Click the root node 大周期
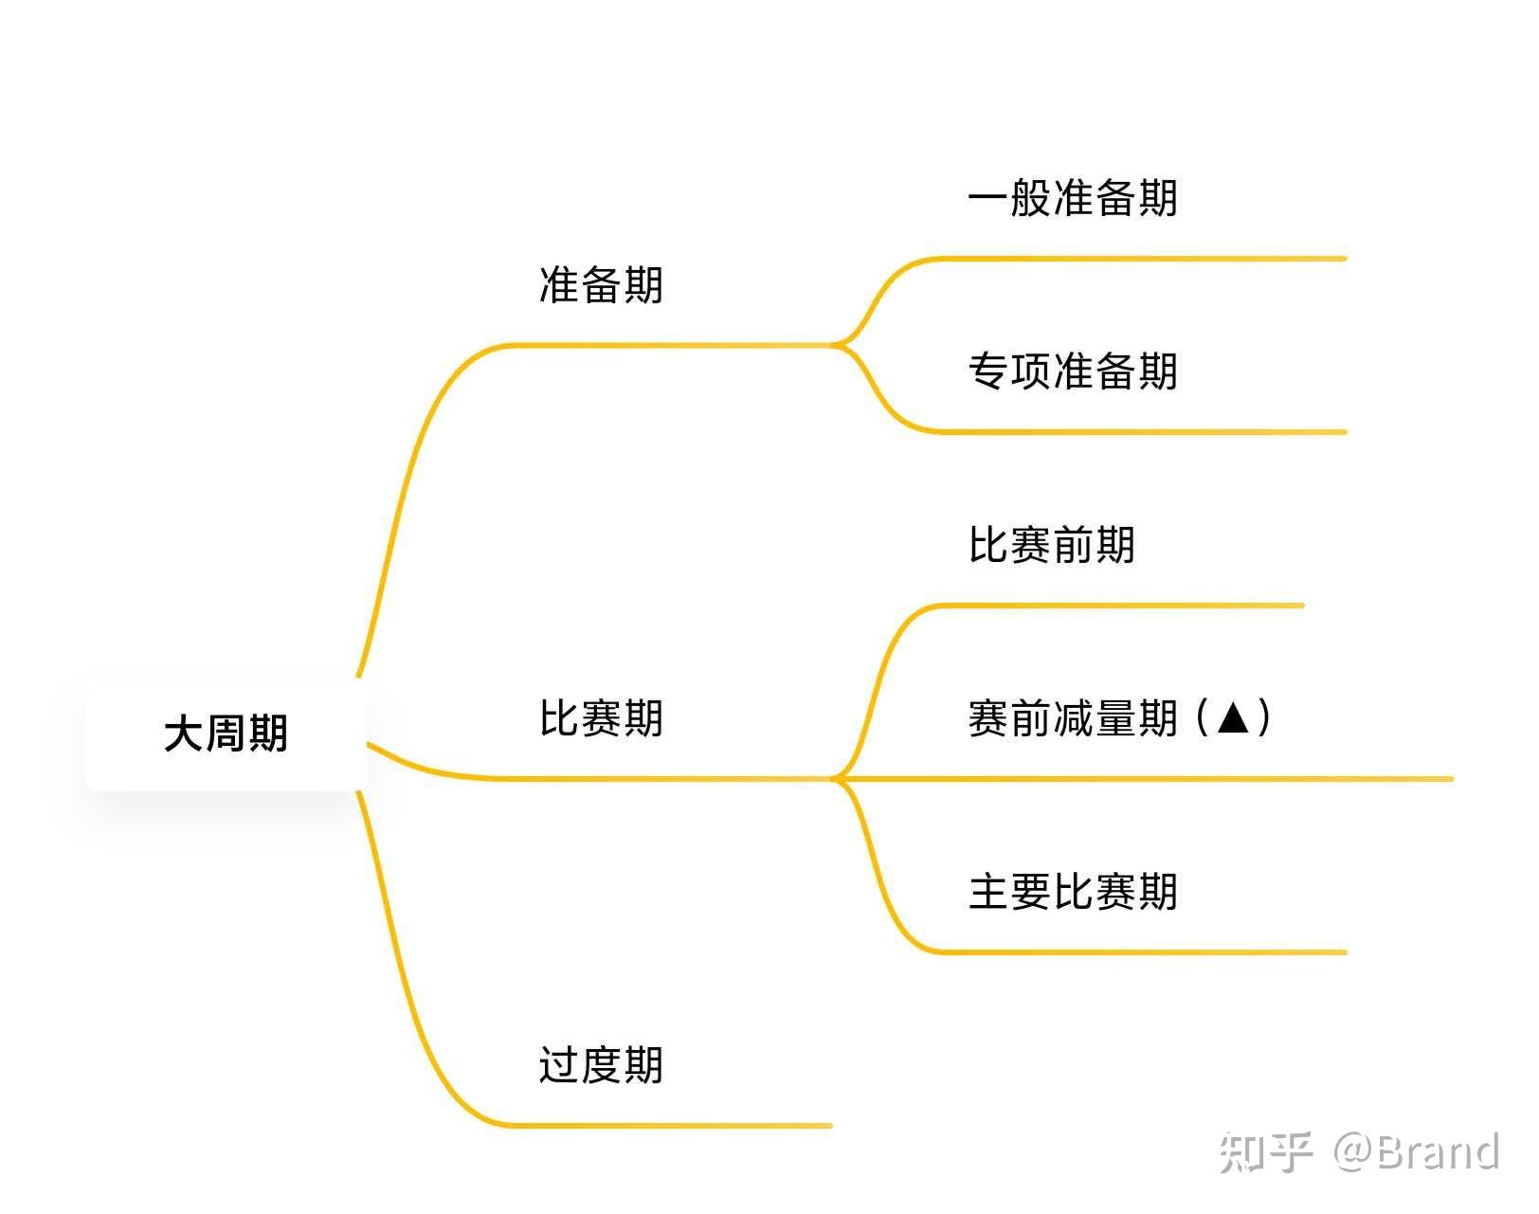(x=226, y=734)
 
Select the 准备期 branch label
(x=601, y=284)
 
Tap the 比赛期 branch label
(x=601, y=717)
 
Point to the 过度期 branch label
(x=601, y=1064)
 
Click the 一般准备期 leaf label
(x=1073, y=198)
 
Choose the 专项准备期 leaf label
(x=1073, y=371)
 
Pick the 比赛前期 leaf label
(x=1051, y=545)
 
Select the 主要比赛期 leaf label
(x=1073, y=892)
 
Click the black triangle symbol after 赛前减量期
(x=1234, y=717)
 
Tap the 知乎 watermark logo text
(x=1266, y=1152)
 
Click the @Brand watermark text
(x=1418, y=1152)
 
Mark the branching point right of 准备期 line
(x=835, y=345)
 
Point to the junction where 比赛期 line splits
(x=835, y=779)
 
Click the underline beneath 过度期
(x=673, y=1126)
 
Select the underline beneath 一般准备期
(x=1137, y=258)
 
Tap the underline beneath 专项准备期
(x=1137, y=432)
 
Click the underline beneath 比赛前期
(x=1118, y=605)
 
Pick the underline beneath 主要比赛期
(x=1137, y=951)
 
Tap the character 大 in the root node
(x=184, y=734)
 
